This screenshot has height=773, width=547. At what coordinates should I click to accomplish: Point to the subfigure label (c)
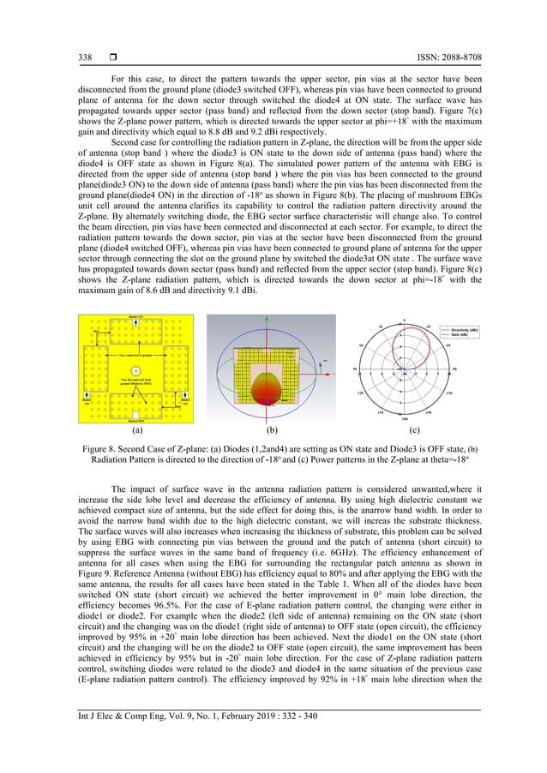[414, 430]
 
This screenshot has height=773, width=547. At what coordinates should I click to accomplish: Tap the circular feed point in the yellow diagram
[135, 370]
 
